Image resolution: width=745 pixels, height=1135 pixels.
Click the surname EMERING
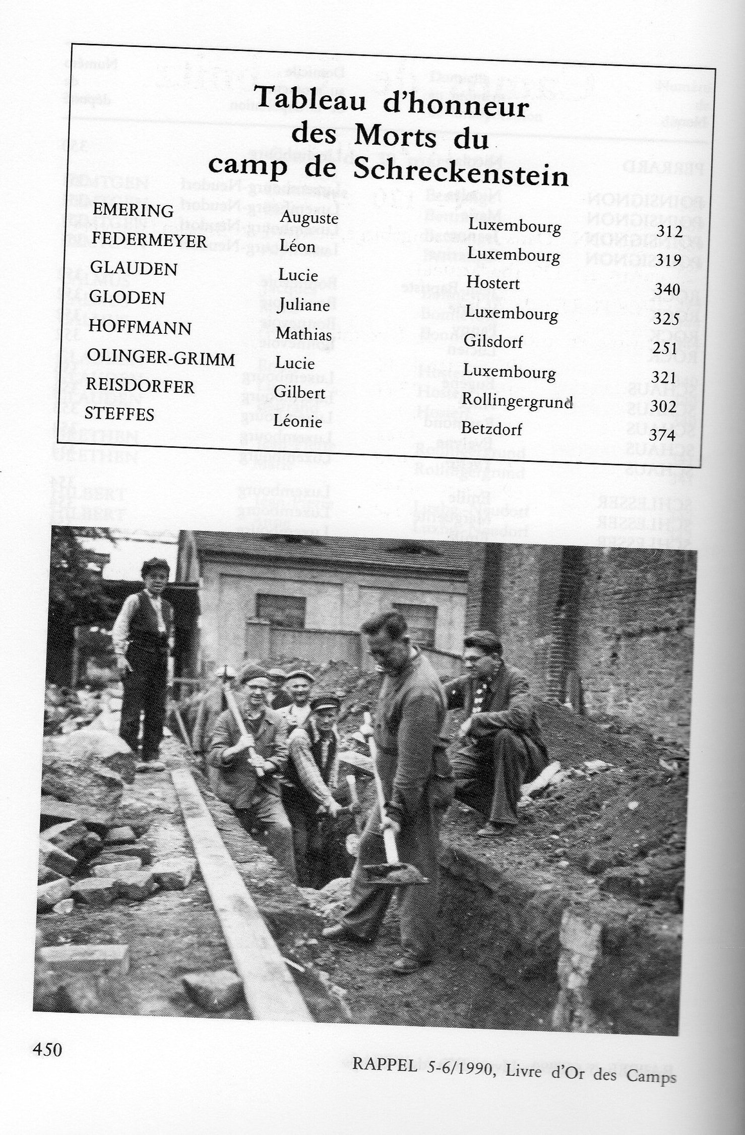click(133, 210)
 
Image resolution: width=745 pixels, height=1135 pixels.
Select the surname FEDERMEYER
click(149, 240)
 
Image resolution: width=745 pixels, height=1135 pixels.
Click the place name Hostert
click(492, 283)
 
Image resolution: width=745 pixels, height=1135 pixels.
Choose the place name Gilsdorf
click(493, 341)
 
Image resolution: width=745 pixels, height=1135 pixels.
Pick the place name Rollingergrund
click(517, 402)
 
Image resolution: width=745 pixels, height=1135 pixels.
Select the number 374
click(662, 435)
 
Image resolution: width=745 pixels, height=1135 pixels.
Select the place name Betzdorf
click(491, 429)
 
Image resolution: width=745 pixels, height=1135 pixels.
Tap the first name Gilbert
click(299, 392)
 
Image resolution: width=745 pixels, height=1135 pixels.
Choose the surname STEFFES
click(119, 414)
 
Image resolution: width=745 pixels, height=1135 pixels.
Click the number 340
click(667, 289)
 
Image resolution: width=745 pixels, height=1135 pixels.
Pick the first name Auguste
click(309, 218)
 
